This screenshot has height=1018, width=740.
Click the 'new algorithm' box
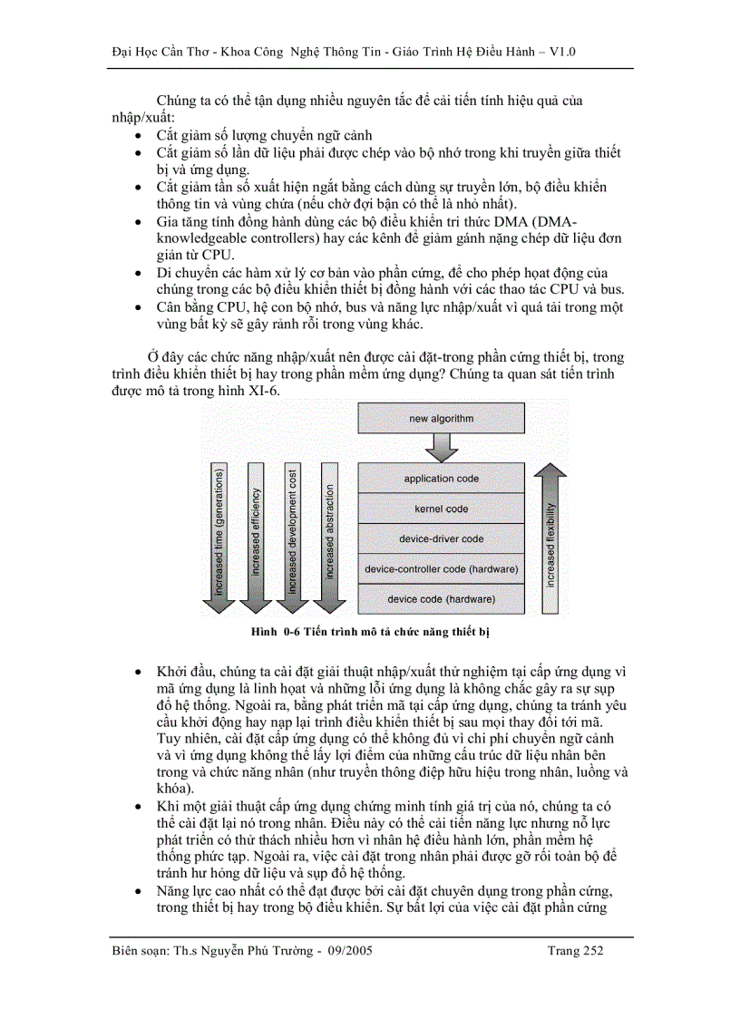click(442, 419)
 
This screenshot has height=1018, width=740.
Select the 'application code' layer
click(442, 479)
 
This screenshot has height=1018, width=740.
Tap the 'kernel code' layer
click(442, 509)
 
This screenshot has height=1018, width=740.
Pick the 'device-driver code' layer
click(442, 538)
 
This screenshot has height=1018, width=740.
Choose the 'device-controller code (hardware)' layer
click(442, 569)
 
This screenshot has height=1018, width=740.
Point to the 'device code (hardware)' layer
click(442, 599)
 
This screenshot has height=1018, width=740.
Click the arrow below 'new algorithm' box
click(442, 447)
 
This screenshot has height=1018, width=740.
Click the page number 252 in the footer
click(591, 951)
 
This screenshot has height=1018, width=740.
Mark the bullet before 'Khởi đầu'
click(136, 674)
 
